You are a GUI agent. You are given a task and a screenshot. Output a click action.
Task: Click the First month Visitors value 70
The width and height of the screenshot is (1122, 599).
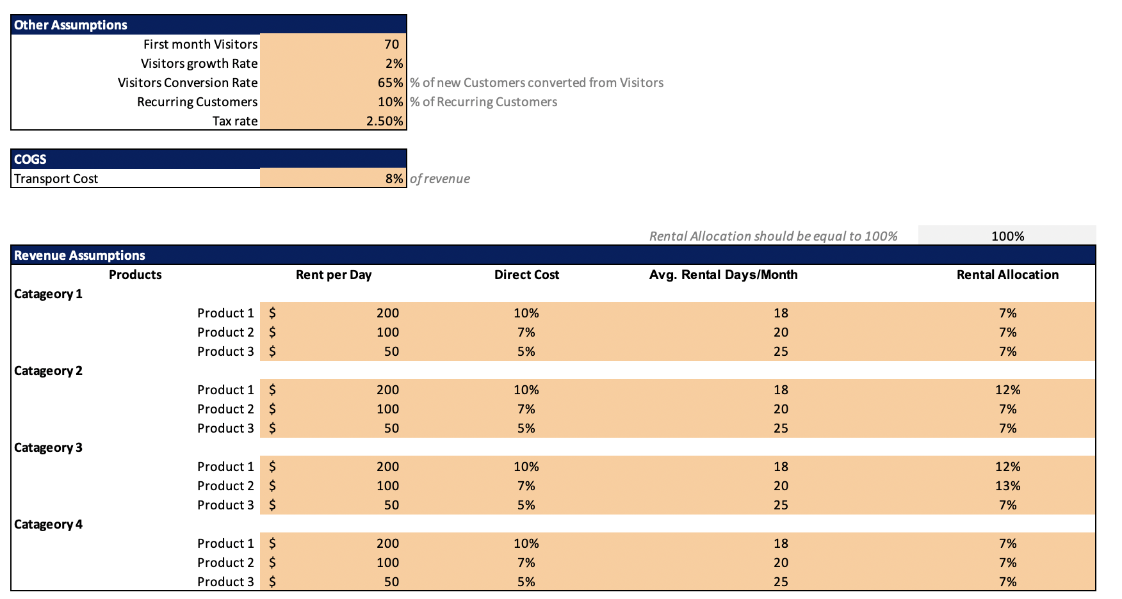(391, 44)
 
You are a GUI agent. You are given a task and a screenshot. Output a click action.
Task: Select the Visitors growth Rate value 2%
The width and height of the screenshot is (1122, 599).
(394, 63)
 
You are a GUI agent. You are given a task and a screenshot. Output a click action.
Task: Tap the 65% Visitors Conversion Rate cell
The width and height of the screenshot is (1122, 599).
(389, 83)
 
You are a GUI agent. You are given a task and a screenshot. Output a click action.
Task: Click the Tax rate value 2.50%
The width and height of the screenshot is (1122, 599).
(384, 121)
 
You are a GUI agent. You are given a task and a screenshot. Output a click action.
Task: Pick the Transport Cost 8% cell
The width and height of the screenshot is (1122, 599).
(394, 179)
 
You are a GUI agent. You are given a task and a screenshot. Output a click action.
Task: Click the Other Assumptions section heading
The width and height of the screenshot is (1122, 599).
(70, 25)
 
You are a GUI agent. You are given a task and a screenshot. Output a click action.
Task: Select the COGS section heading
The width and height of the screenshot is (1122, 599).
(30, 159)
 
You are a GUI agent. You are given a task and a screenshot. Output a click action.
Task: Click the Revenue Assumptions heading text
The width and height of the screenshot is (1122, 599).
(79, 255)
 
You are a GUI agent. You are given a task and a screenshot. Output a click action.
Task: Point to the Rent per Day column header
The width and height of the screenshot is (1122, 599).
(334, 275)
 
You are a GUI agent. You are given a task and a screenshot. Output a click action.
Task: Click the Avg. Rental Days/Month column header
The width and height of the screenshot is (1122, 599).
(723, 275)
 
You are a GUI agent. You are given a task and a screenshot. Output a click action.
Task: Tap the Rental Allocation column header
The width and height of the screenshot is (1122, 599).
(1007, 275)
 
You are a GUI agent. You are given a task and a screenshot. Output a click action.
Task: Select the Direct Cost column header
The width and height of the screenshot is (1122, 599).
(526, 275)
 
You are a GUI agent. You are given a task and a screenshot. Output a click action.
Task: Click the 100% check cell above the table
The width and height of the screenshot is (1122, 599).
(1007, 236)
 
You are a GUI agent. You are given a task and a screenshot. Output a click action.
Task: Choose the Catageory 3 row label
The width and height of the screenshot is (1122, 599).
(48, 447)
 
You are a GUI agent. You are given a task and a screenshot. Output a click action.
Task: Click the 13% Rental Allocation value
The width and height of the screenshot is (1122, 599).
(1007, 486)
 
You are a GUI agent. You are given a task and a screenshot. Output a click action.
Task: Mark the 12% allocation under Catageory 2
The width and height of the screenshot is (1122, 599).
(1007, 390)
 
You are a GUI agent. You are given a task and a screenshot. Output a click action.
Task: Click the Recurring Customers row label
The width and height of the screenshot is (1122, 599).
(197, 102)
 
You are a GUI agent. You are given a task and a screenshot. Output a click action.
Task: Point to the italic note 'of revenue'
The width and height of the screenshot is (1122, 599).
(439, 179)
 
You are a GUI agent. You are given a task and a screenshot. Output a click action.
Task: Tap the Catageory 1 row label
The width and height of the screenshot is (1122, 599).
(48, 294)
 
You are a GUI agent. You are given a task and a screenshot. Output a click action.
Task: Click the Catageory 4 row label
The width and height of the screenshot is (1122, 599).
(48, 524)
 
